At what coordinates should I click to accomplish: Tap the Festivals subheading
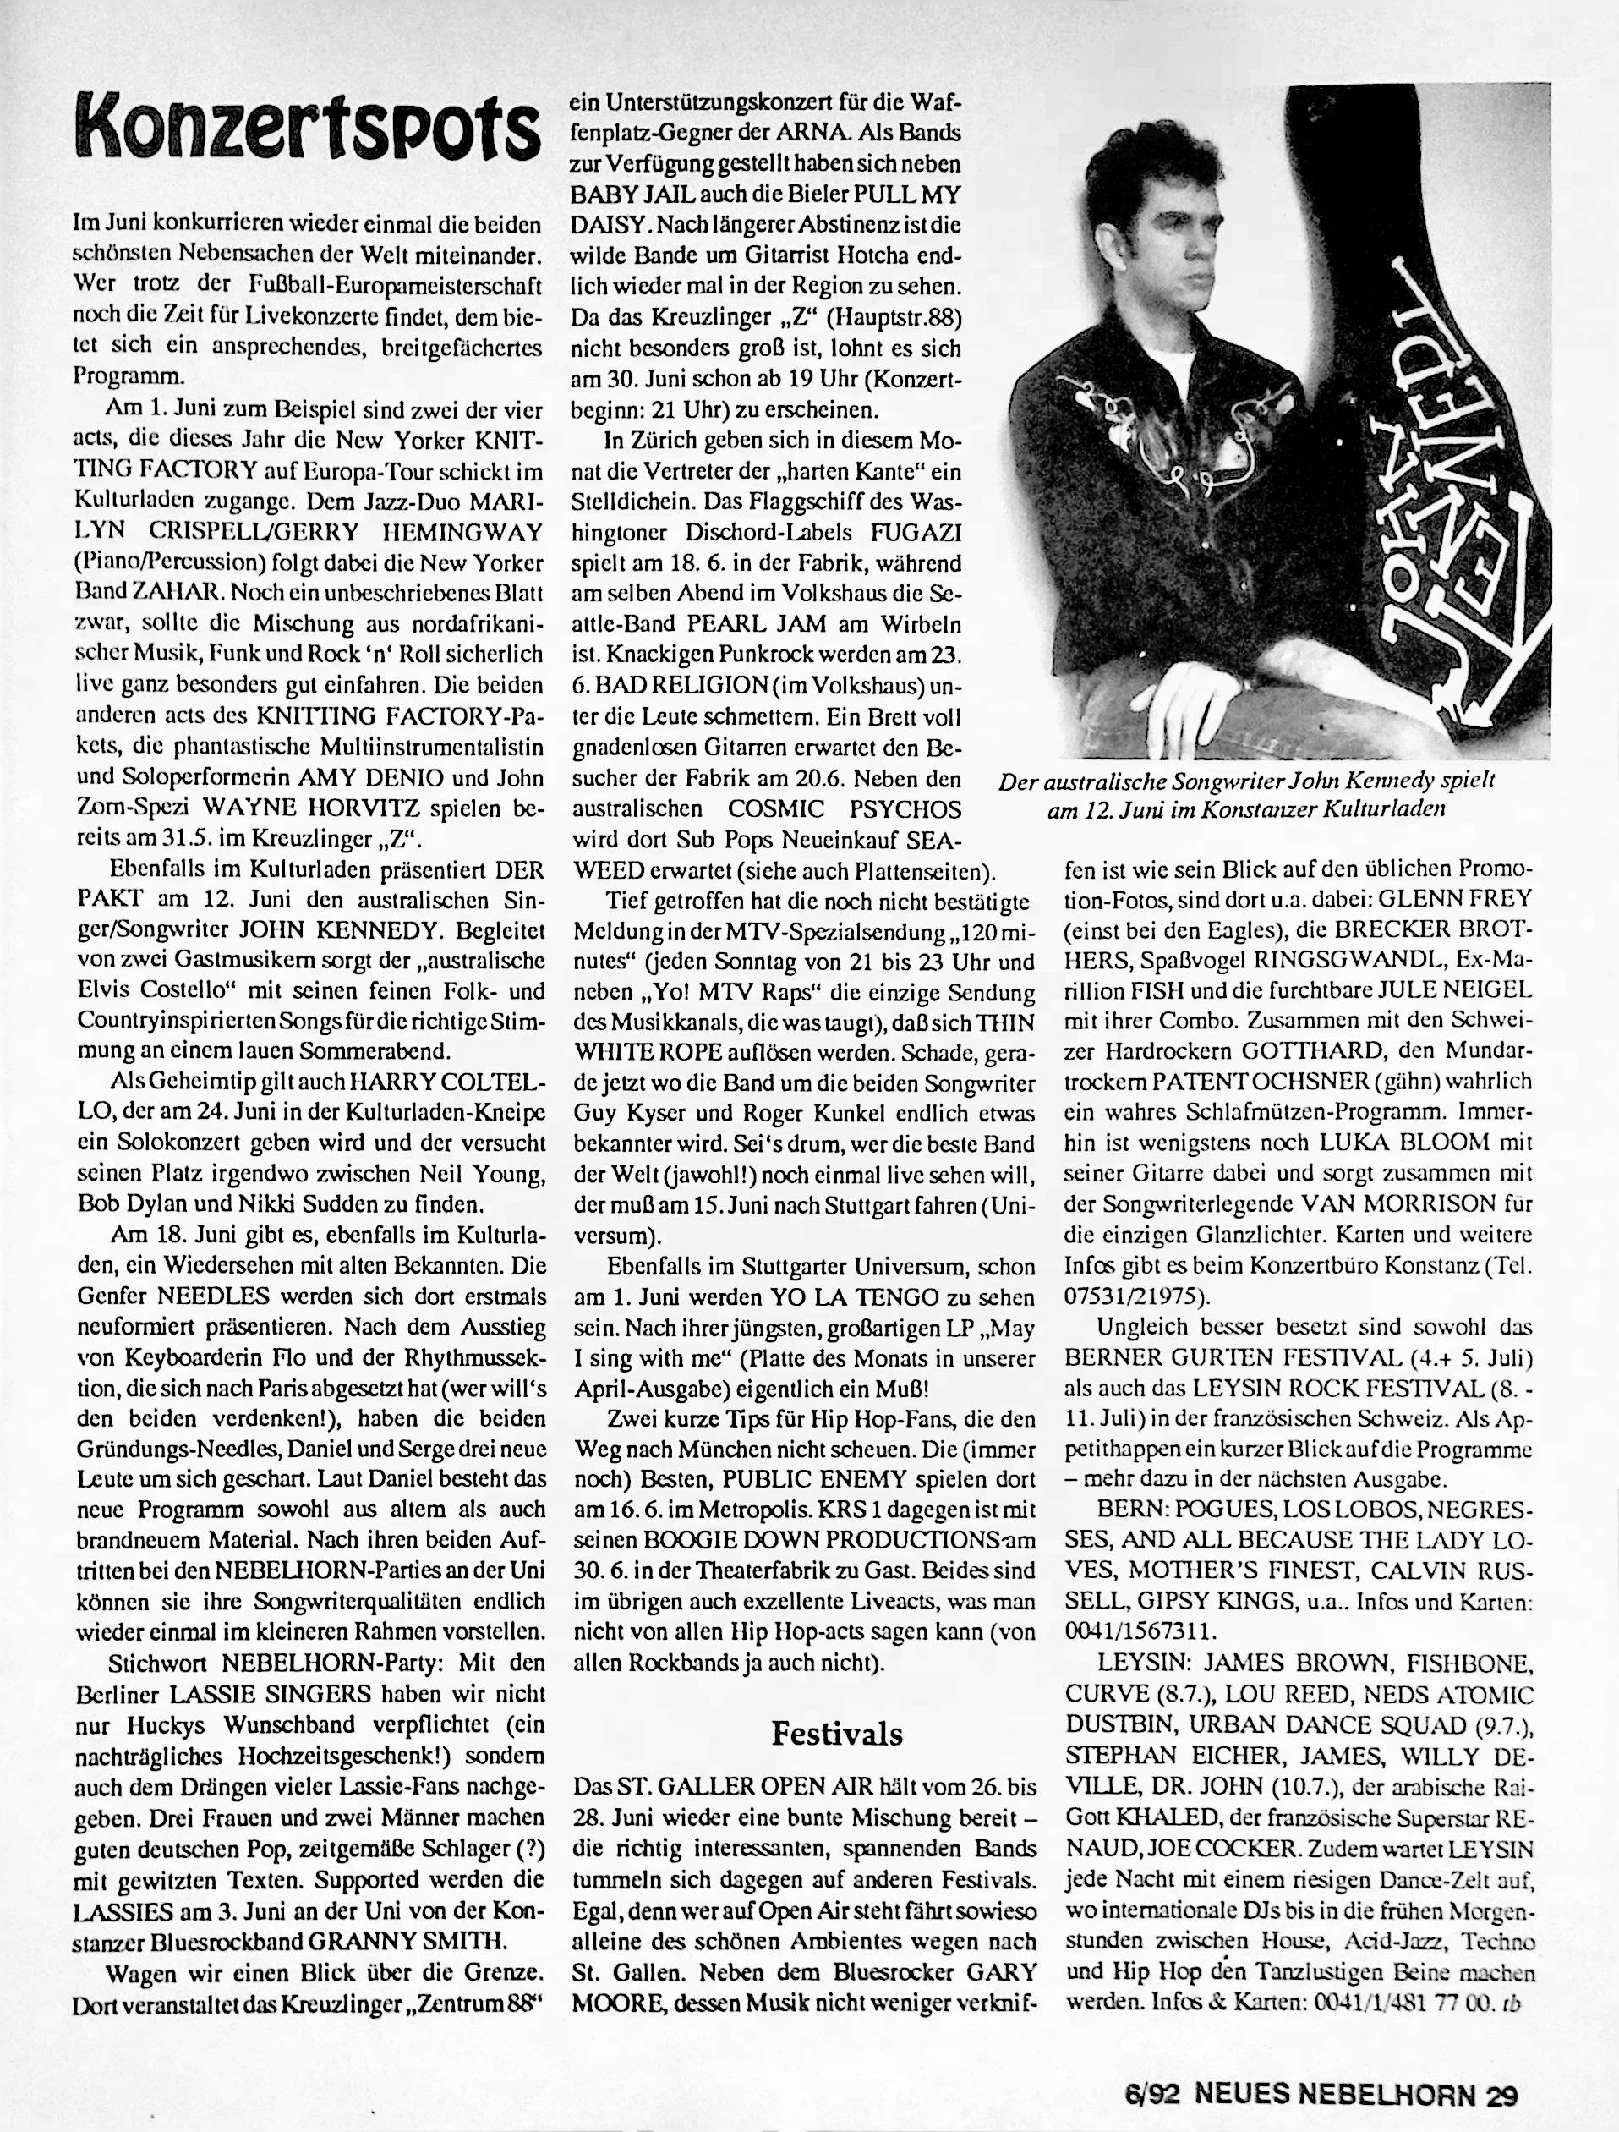pos(836,1734)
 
